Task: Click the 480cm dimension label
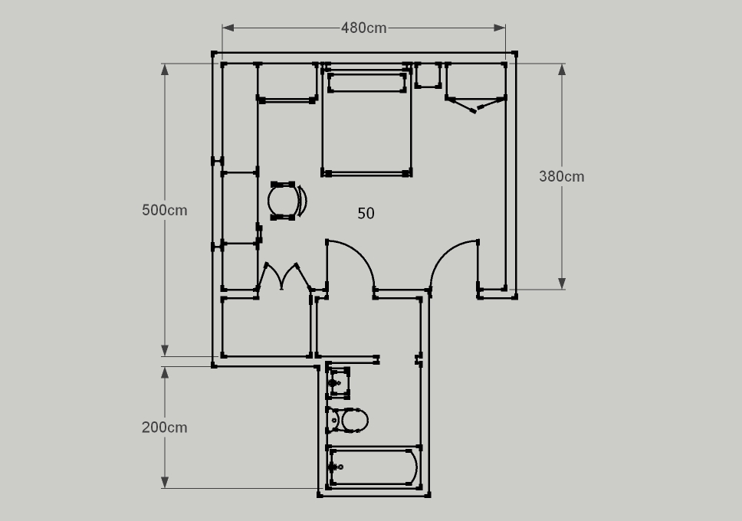pos(363,28)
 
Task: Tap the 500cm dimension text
pos(165,210)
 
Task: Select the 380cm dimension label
pos(562,176)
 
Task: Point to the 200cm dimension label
pos(165,428)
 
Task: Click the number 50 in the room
pos(366,214)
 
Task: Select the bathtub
pos(373,467)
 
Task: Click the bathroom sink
pos(338,382)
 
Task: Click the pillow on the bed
pos(366,83)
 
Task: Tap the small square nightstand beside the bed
pos(428,75)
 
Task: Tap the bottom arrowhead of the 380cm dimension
pos(562,283)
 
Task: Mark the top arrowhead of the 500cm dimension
pos(165,70)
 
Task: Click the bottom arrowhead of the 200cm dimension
pos(165,482)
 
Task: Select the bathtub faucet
pos(336,467)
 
